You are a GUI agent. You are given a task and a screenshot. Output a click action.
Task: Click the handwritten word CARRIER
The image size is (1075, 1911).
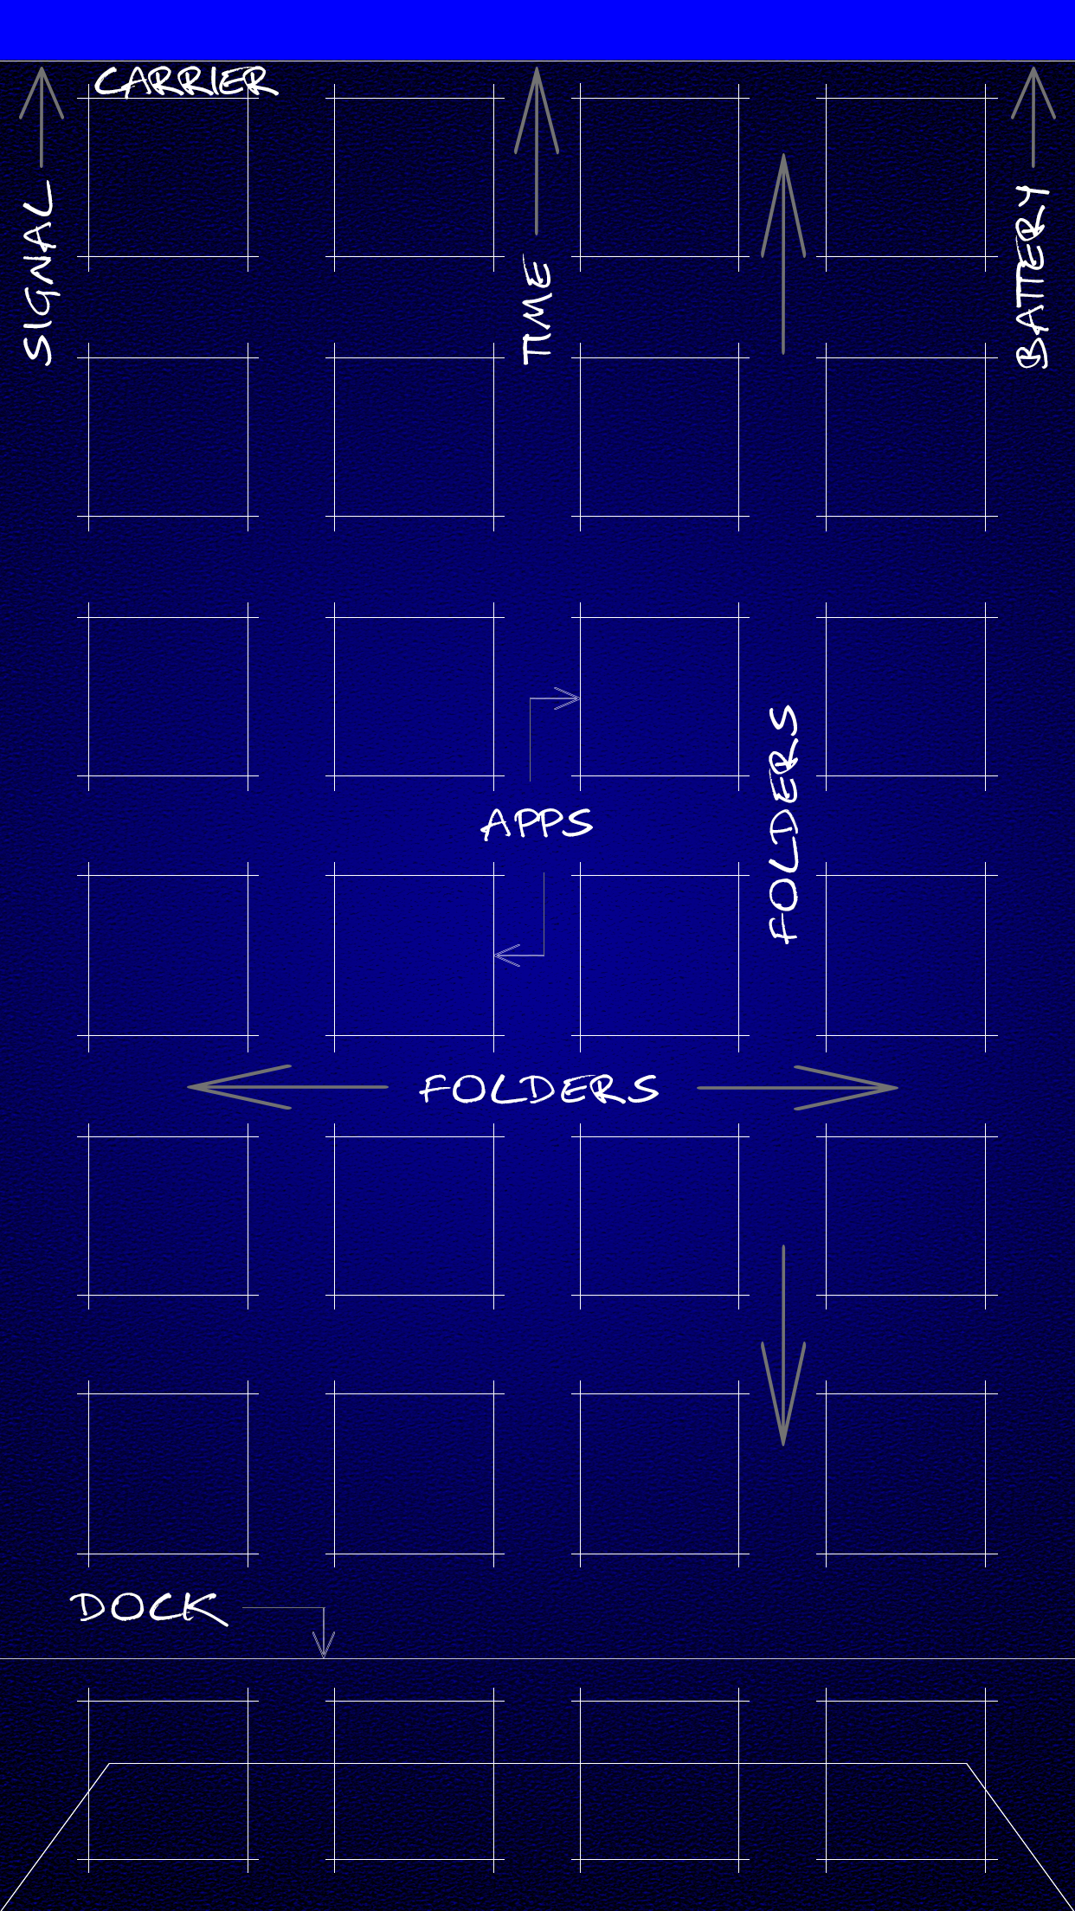185,82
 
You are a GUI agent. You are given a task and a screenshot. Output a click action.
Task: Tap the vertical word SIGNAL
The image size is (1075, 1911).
39,273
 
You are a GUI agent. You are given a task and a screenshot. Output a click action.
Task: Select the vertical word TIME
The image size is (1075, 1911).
537,310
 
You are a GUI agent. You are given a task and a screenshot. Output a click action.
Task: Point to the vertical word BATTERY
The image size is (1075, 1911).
1032,277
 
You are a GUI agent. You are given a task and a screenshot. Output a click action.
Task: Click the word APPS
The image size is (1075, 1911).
537,823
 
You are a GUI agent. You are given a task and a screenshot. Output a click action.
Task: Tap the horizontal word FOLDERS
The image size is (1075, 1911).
538,1089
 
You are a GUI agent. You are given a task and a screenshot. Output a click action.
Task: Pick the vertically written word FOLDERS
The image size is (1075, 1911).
783,824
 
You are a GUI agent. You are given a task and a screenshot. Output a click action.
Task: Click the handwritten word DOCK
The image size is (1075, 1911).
148,1608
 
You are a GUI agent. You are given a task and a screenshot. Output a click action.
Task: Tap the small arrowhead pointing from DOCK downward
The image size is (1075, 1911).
324,1644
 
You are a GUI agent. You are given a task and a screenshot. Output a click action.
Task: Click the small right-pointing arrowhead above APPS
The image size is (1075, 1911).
568,698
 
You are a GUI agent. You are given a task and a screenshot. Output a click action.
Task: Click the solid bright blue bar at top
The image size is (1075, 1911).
537,29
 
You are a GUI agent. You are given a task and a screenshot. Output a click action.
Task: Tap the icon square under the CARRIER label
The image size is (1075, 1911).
168,177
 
